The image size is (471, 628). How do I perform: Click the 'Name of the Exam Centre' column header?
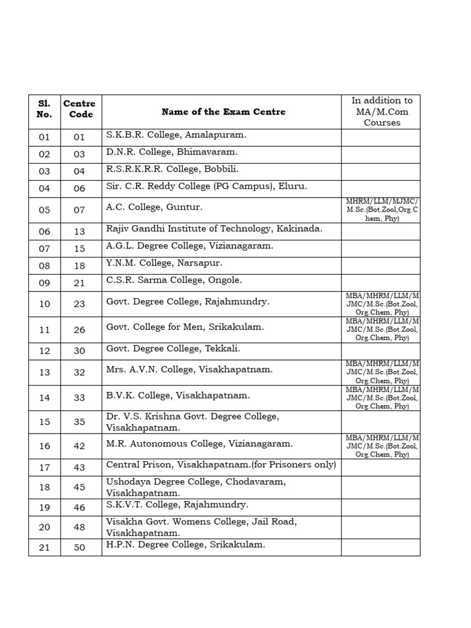(x=223, y=112)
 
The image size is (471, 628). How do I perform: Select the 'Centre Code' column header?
(x=80, y=109)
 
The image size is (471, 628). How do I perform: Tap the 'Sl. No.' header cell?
(x=44, y=109)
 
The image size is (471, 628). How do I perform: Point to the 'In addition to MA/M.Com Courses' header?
(x=381, y=112)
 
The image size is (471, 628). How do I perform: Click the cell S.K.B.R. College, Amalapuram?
(x=176, y=135)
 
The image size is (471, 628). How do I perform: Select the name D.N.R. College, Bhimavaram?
(x=172, y=152)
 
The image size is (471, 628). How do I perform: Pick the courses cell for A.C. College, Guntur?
(x=381, y=210)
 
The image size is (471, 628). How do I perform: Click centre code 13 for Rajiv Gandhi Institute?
(x=80, y=231)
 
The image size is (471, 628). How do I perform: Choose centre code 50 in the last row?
(x=80, y=548)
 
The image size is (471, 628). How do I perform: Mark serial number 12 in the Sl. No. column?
(x=44, y=351)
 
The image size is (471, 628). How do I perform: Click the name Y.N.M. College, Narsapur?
(x=164, y=263)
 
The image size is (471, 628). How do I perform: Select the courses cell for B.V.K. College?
(x=381, y=398)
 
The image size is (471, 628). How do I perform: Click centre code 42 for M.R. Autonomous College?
(x=80, y=446)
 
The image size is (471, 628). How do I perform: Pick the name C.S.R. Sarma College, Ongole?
(x=174, y=280)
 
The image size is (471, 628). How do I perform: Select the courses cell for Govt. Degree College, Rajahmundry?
(x=381, y=304)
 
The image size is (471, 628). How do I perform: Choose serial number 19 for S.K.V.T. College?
(x=44, y=507)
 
